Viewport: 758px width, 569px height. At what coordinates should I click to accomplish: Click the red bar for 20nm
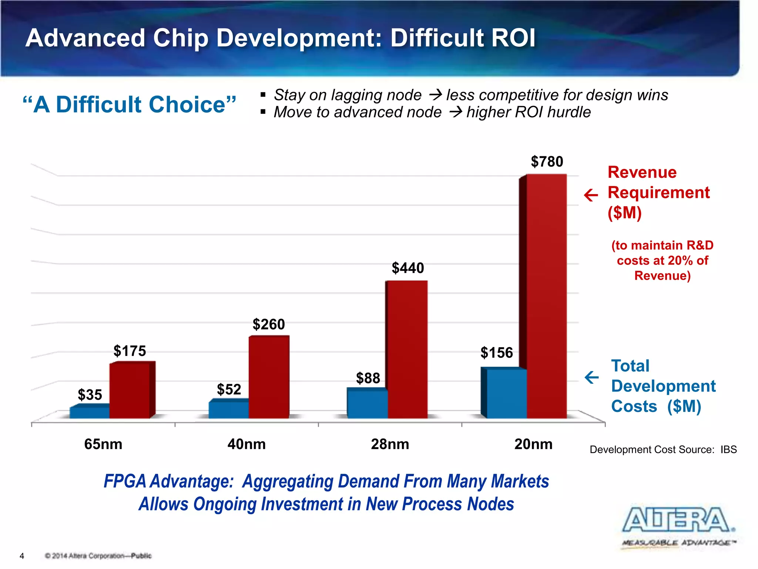point(546,296)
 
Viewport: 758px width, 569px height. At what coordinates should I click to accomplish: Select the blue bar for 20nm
point(506,393)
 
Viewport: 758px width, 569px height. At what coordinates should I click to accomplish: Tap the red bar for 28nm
point(407,350)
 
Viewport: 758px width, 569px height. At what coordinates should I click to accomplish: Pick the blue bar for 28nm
point(368,404)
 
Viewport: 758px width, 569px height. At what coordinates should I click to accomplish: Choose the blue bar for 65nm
point(90,412)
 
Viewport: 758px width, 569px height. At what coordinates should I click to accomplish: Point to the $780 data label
point(547,162)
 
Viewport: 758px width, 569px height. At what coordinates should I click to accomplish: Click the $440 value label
point(407,268)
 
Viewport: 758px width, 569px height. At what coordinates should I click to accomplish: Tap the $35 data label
point(90,395)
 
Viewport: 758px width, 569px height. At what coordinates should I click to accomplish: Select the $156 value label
point(496,353)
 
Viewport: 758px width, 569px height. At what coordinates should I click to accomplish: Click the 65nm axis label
point(103,444)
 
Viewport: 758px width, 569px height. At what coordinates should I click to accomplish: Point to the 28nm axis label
point(390,444)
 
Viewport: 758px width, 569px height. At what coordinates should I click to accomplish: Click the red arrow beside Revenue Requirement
point(591,195)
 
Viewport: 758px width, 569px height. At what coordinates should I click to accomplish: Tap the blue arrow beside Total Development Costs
point(591,377)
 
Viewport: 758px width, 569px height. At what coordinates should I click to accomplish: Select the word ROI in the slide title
point(513,38)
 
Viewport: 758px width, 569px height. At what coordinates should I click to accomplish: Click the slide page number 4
point(22,556)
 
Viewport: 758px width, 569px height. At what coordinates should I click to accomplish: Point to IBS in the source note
point(728,450)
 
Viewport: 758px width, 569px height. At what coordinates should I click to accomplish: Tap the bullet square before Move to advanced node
point(263,112)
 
